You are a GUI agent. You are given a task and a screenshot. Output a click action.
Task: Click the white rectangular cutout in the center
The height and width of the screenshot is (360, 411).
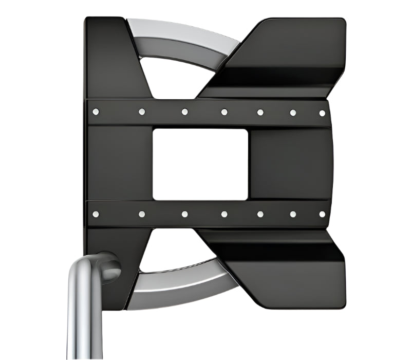point(200,165)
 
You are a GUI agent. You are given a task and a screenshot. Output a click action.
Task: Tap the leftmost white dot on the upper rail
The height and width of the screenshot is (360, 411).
point(95,111)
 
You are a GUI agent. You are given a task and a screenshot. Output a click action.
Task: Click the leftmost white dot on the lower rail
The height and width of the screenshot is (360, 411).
point(95,213)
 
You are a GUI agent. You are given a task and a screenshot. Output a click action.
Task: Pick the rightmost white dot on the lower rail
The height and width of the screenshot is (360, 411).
point(322,214)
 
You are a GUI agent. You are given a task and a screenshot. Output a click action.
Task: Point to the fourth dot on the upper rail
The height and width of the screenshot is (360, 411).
point(224,112)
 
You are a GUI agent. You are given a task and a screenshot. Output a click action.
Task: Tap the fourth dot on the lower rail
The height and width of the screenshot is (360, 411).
point(224,214)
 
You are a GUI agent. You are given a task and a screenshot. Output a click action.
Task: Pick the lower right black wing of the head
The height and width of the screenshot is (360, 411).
point(288,267)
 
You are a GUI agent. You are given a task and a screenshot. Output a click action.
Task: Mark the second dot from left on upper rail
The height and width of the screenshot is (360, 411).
point(142,112)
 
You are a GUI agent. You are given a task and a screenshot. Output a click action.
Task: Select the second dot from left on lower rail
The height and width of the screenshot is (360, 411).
point(142,214)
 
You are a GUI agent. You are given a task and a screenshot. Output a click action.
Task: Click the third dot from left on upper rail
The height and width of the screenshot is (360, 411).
point(184,112)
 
